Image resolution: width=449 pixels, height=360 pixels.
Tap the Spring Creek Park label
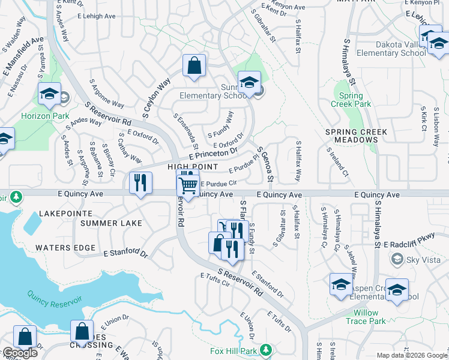point(351,100)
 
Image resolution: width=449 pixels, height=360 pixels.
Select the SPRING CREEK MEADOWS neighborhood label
point(356,136)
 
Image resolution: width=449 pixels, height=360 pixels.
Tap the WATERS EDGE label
point(65,248)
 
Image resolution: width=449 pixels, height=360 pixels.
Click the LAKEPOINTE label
point(66,214)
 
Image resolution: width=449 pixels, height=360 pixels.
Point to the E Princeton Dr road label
point(213,153)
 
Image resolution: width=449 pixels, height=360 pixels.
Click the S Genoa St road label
point(265,164)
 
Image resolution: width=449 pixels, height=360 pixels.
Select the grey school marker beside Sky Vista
point(396,259)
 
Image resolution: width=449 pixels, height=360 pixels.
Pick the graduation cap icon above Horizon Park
point(49,93)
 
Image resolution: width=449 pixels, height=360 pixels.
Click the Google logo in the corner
point(19,353)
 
